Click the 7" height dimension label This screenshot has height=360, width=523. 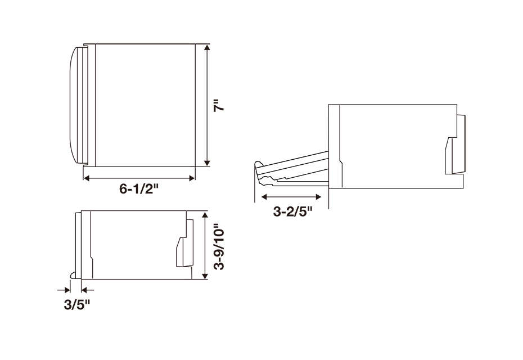219,105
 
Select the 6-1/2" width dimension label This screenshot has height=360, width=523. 138,189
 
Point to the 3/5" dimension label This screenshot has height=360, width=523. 77,305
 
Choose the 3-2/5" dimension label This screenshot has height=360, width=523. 292,211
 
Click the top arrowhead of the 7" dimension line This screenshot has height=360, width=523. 208,47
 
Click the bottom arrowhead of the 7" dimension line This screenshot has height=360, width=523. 208,163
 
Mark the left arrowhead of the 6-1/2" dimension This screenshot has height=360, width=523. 87,178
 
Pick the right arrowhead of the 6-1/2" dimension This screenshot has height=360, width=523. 191,178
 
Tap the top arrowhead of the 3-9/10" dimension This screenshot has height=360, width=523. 205,214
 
